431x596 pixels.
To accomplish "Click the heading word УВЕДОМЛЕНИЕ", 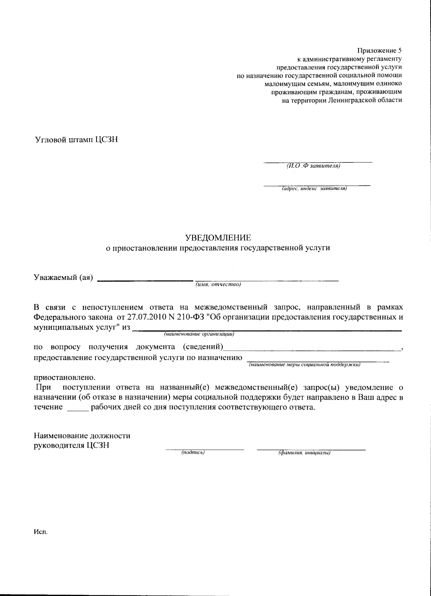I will [x=218, y=238].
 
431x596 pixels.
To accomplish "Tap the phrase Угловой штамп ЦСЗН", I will [x=76, y=140].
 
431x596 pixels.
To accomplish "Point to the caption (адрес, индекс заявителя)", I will [x=314, y=188].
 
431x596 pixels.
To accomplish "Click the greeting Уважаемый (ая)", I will [x=63, y=277].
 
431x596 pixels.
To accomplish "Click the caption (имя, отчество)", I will [x=218, y=285].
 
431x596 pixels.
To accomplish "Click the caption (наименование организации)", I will [x=199, y=334].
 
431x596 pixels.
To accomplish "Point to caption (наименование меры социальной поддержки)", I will [x=305, y=365].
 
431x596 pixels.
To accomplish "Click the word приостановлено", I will [x=65, y=378].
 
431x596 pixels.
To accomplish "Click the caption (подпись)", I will [x=193, y=453].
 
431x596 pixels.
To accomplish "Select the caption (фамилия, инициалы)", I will [x=305, y=453].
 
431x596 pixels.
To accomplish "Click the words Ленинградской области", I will [x=365, y=100].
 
